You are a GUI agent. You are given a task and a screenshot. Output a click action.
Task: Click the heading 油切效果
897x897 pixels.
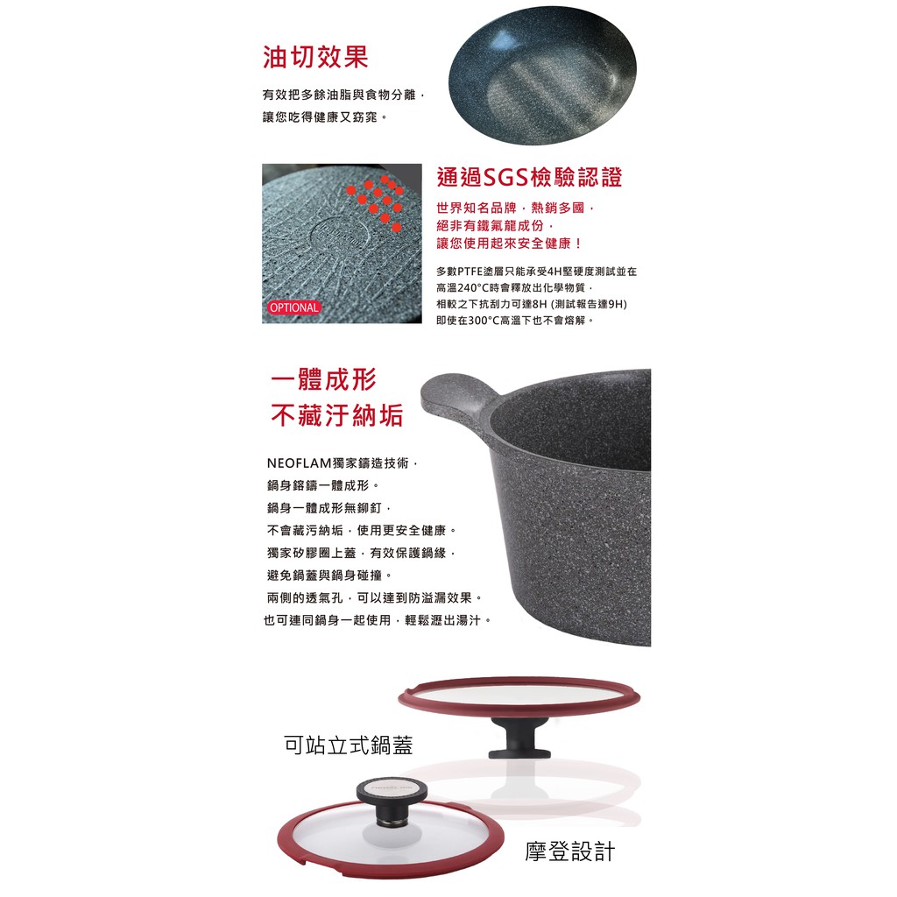point(315,57)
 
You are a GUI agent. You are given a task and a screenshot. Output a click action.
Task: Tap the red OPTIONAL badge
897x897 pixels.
point(294,307)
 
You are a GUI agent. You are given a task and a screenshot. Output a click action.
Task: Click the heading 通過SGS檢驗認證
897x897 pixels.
point(529,177)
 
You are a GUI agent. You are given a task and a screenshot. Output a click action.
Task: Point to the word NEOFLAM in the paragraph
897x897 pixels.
point(300,463)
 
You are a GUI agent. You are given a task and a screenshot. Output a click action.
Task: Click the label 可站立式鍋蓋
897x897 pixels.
point(349,745)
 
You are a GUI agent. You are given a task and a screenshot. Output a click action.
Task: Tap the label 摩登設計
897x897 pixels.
point(569,851)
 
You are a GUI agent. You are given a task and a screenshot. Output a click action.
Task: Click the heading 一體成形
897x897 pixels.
point(324,379)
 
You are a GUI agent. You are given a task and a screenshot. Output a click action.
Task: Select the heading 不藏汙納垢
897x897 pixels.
point(337,415)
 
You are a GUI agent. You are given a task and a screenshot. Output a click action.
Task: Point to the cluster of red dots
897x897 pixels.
point(377,201)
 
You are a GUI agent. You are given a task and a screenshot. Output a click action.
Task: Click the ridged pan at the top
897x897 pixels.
point(542,75)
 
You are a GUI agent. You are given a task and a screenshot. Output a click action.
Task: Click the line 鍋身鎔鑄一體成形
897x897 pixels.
point(322,485)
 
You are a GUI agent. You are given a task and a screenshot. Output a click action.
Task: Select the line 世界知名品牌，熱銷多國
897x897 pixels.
point(515,208)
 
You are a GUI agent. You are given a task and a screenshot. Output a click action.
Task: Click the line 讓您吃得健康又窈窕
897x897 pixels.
point(324,117)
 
